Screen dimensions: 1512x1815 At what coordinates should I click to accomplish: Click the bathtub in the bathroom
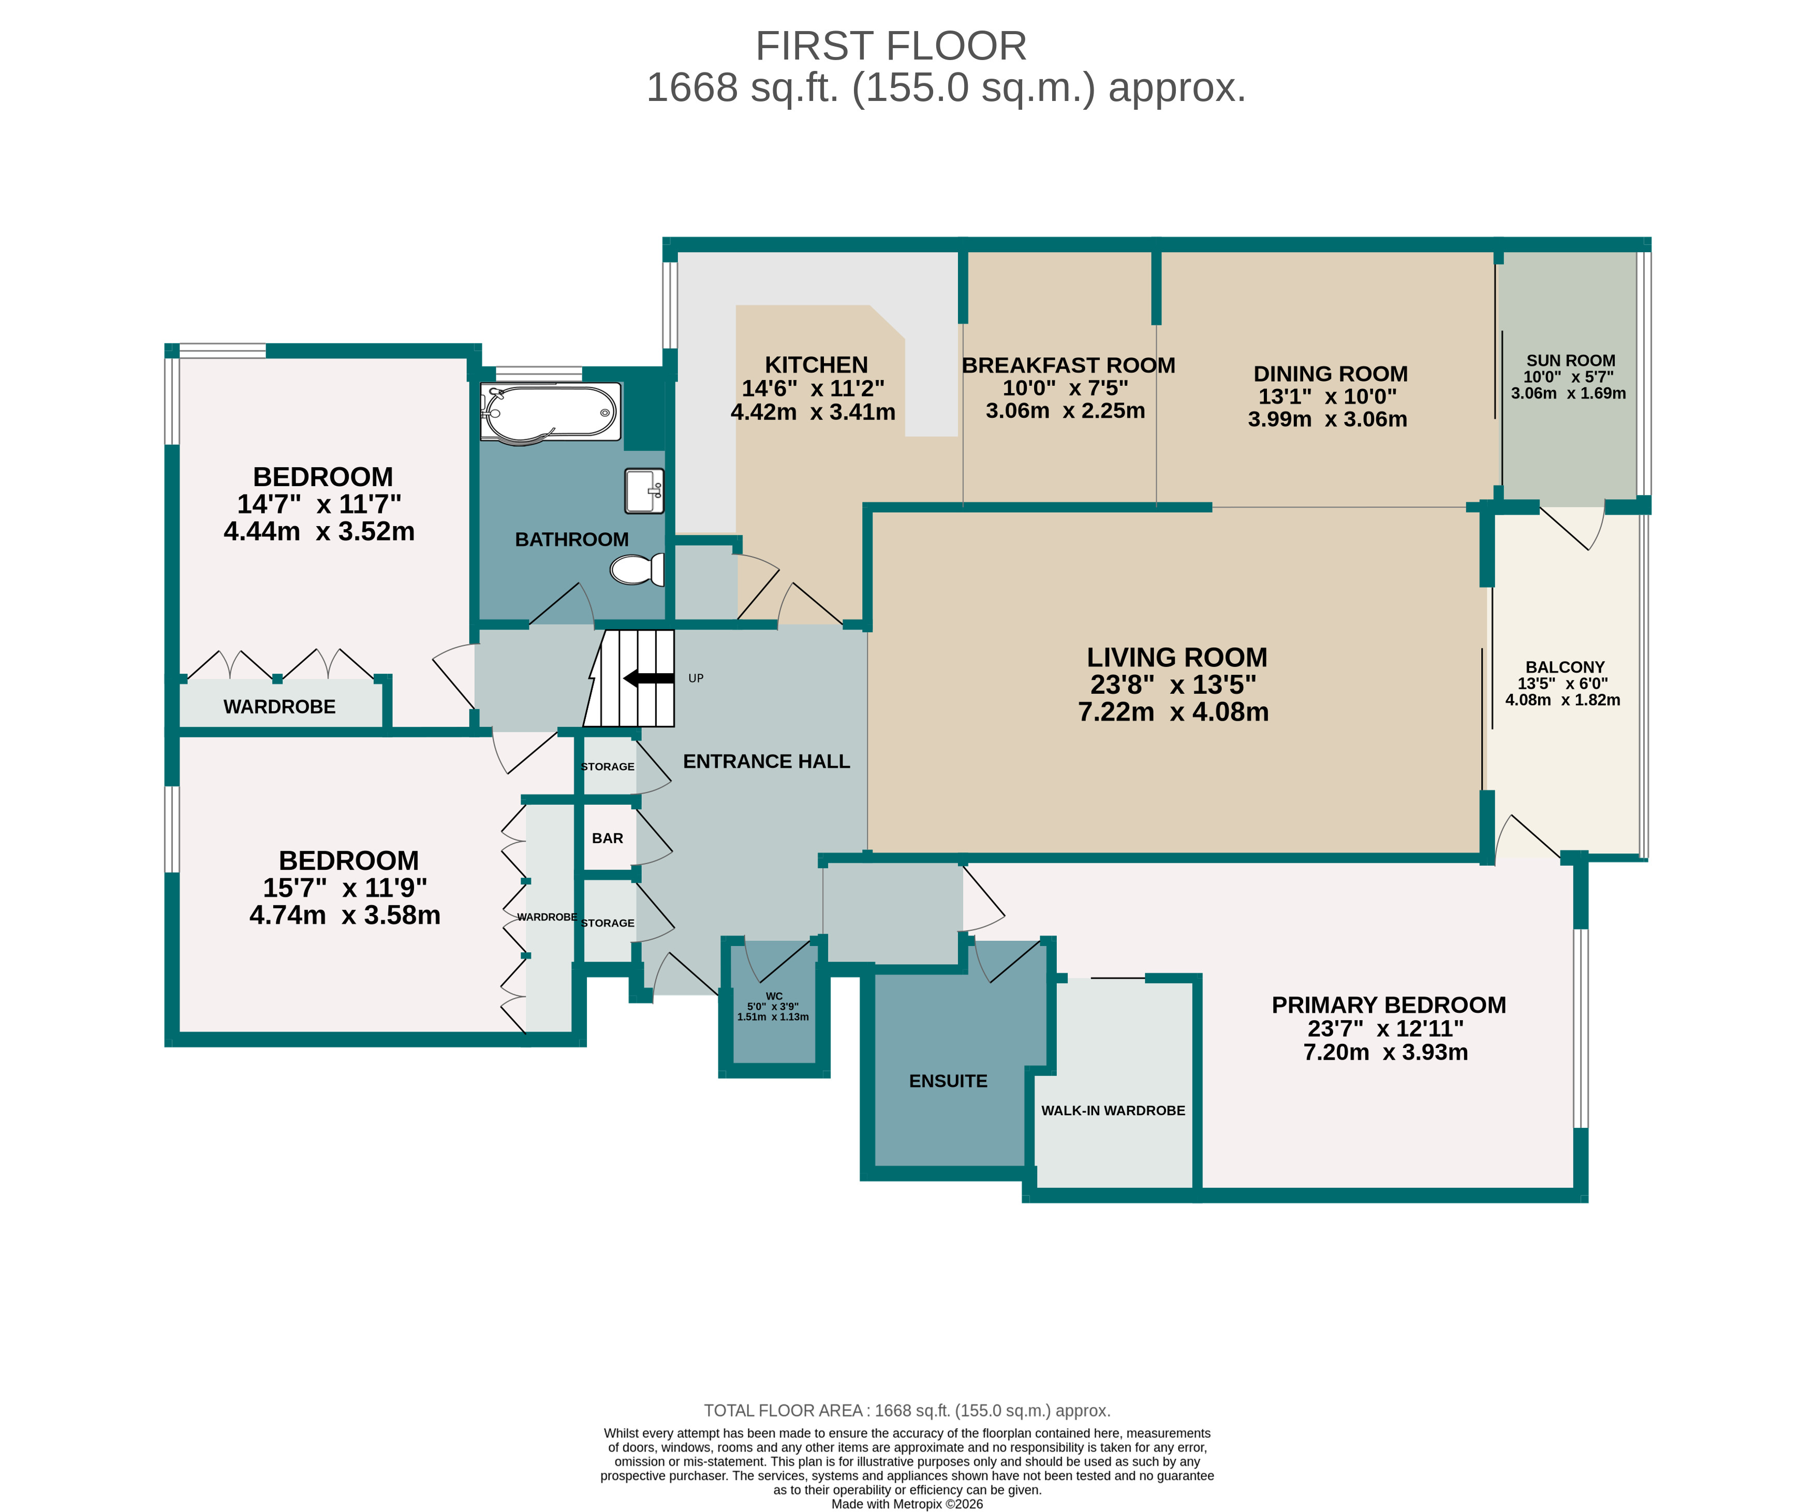pyautogui.click(x=551, y=412)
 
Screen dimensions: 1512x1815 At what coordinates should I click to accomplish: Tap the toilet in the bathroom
pyautogui.click(x=638, y=570)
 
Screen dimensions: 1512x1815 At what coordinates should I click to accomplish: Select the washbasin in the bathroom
pyautogui.click(x=644, y=491)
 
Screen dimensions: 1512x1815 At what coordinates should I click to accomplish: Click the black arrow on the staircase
pyautogui.click(x=648, y=678)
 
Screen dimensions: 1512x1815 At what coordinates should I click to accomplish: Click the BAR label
pyautogui.click(x=608, y=838)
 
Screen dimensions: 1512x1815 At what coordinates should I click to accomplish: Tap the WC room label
pyautogui.click(x=774, y=996)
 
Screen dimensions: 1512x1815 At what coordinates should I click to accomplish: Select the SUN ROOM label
pyautogui.click(x=1570, y=360)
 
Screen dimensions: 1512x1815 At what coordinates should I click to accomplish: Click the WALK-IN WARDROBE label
pyautogui.click(x=1113, y=1111)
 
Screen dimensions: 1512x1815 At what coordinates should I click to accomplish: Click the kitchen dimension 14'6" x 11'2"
pyautogui.click(x=813, y=389)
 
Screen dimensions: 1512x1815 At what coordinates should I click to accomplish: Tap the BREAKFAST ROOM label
pyautogui.click(x=1068, y=366)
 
